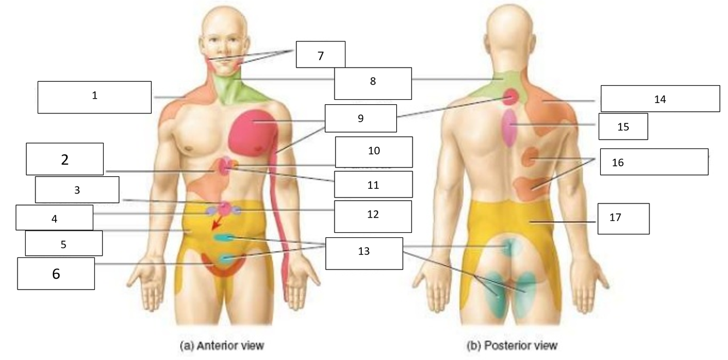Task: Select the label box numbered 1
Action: [x=94, y=97]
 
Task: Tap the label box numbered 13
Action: [x=364, y=253]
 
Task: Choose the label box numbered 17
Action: [x=623, y=218]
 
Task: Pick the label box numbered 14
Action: [x=660, y=98]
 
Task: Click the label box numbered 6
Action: [x=56, y=273]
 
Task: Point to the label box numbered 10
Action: [x=373, y=152]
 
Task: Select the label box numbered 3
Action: [x=77, y=190]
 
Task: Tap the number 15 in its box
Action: [x=623, y=127]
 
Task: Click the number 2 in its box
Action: [x=64, y=160]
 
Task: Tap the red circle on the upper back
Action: [x=510, y=97]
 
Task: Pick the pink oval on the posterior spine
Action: [x=509, y=128]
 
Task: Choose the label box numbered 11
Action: [x=373, y=184]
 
